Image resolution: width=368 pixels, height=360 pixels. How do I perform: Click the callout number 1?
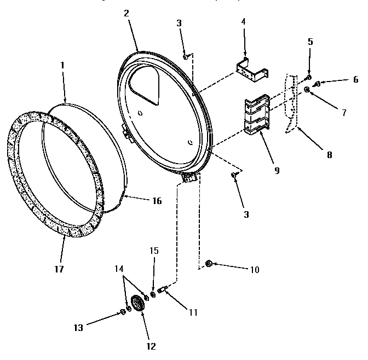(x=63, y=65)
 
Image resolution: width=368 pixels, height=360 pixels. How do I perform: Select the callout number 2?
(x=126, y=13)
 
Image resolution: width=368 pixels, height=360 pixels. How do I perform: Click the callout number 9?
(x=277, y=170)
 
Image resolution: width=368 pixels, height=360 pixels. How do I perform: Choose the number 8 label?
(x=329, y=154)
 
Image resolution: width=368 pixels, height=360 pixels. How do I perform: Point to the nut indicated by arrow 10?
(x=209, y=264)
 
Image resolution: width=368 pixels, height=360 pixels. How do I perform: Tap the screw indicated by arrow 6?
(x=316, y=84)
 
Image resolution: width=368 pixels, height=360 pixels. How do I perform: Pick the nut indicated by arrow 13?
(x=122, y=312)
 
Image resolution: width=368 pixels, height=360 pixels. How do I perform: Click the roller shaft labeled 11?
(x=163, y=289)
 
